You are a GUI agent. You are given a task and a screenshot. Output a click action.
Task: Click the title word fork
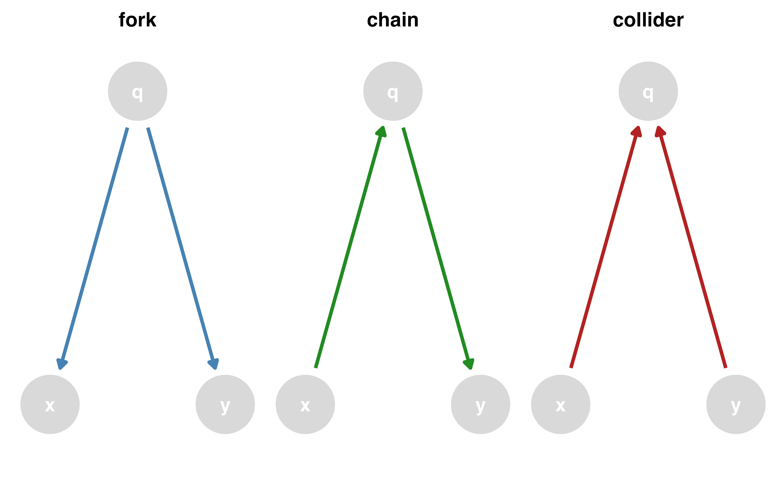137,20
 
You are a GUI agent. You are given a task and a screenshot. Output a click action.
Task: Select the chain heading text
393,20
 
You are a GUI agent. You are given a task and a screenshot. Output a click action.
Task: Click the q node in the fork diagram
137,91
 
